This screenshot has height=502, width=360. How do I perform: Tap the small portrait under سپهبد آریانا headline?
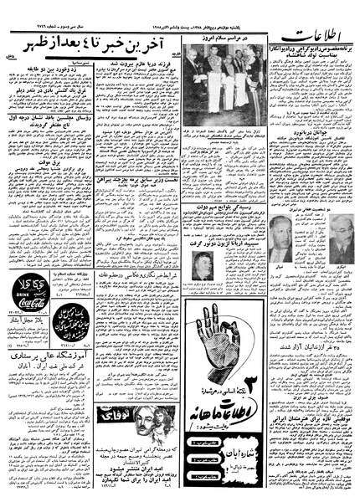coord(205,266)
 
